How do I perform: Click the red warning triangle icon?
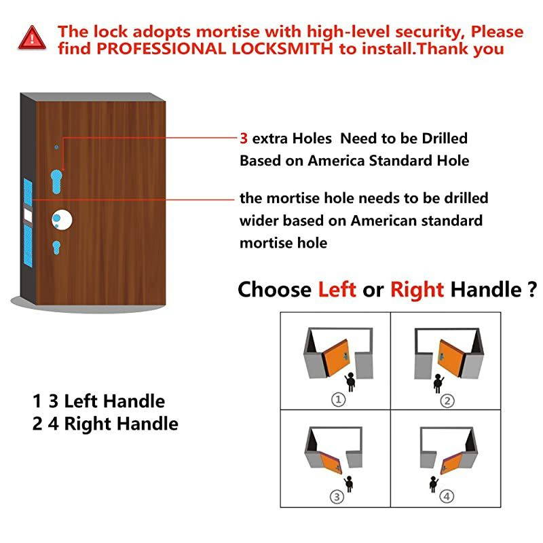pyautogui.click(x=30, y=37)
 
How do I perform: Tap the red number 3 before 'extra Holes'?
pyautogui.click(x=244, y=139)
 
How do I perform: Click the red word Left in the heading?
pyautogui.click(x=337, y=291)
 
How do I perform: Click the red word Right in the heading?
pyautogui.click(x=417, y=291)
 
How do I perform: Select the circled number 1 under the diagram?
pyautogui.click(x=337, y=400)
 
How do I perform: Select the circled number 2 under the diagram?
pyautogui.click(x=447, y=400)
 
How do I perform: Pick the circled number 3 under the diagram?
pyautogui.click(x=337, y=497)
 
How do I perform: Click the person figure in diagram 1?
pyautogui.click(x=351, y=382)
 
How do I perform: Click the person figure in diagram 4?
pyautogui.click(x=434, y=483)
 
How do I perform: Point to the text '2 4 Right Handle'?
pyautogui.click(x=105, y=424)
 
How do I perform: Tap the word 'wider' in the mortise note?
pyautogui.click(x=259, y=221)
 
